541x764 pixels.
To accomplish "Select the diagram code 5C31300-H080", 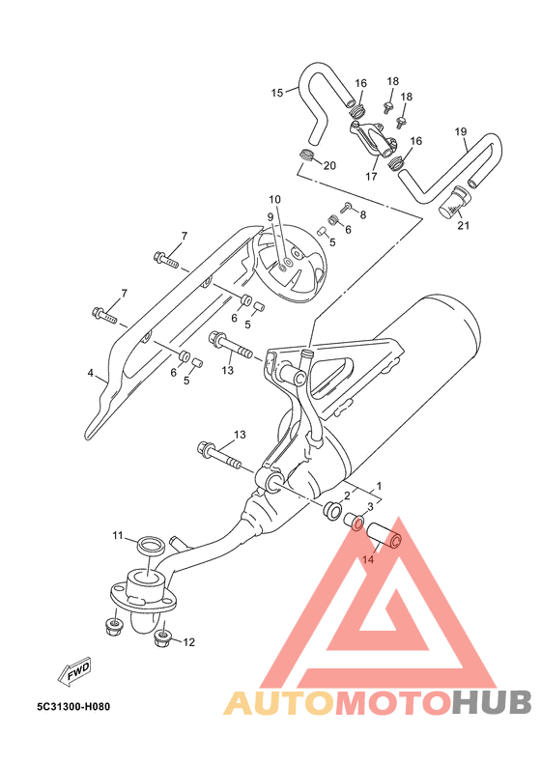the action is click(73, 706).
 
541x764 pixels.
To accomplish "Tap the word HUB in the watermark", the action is click(492, 702).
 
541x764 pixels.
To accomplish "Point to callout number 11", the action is click(118, 535).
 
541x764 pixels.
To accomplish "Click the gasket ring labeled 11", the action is click(151, 545).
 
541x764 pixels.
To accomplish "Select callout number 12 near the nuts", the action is click(188, 642).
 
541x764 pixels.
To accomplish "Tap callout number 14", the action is click(368, 560).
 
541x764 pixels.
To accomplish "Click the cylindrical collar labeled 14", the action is click(384, 535).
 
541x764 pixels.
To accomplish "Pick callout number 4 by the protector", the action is click(90, 373).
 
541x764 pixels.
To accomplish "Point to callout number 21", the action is click(464, 226).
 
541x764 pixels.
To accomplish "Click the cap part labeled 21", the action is click(453, 201).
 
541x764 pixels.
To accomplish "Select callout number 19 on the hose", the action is click(461, 131).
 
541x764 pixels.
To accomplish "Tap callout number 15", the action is click(277, 93).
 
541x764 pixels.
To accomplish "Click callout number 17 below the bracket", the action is click(371, 177).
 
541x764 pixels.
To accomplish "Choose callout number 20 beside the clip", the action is click(330, 166).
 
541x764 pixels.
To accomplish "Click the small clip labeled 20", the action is click(305, 156).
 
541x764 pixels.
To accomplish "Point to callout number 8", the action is click(362, 214).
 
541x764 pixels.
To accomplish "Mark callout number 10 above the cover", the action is click(275, 199).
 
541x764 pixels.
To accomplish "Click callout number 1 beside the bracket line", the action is click(379, 486).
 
